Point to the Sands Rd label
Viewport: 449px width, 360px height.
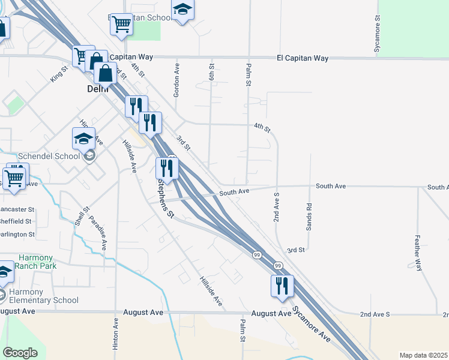tap(310, 213)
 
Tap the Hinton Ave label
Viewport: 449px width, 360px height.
tap(116, 334)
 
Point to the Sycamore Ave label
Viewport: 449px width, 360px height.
tap(311, 325)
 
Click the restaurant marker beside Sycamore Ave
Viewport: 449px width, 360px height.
tap(282, 286)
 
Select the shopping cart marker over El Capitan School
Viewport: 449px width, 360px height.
tap(122, 25)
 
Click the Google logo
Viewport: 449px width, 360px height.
tap(20, 353)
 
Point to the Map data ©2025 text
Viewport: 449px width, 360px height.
tap(423, 355)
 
